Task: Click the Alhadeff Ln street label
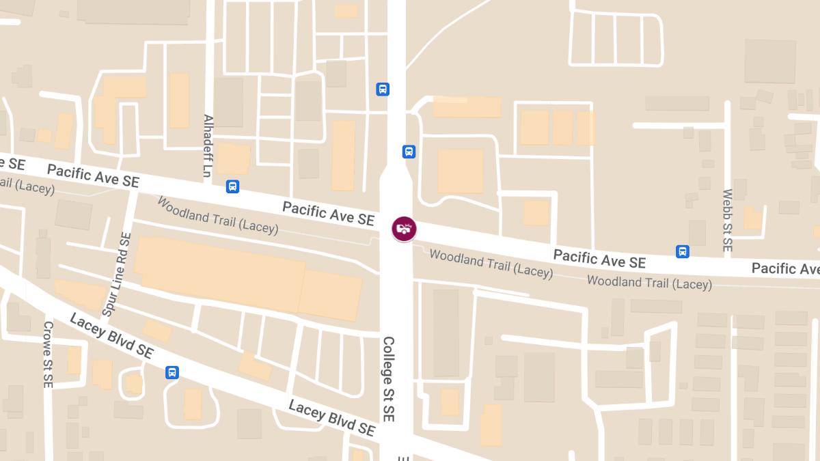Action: coord(208,145)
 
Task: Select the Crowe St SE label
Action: coord(47,354)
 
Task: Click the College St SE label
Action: coord(388,378)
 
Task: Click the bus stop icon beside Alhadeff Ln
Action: coord(232,186)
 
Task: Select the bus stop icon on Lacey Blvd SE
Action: coord(172,372)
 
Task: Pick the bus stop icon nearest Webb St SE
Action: coord(682,251)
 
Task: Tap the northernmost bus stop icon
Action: coord(383,89)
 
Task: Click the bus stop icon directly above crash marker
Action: coord(409,152)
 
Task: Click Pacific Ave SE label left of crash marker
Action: coord(328,213)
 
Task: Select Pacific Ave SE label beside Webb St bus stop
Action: coord(599,259)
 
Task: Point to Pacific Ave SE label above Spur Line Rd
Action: coord(93,176)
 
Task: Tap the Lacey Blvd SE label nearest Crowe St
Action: coord(111,337)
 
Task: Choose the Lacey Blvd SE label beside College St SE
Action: coord(332,417)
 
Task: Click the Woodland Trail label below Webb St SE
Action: coord(649,282)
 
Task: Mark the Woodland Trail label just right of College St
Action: coord(491,264)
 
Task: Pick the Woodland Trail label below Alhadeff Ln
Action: coord(217,215)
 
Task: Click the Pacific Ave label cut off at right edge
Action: coord(785,268)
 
